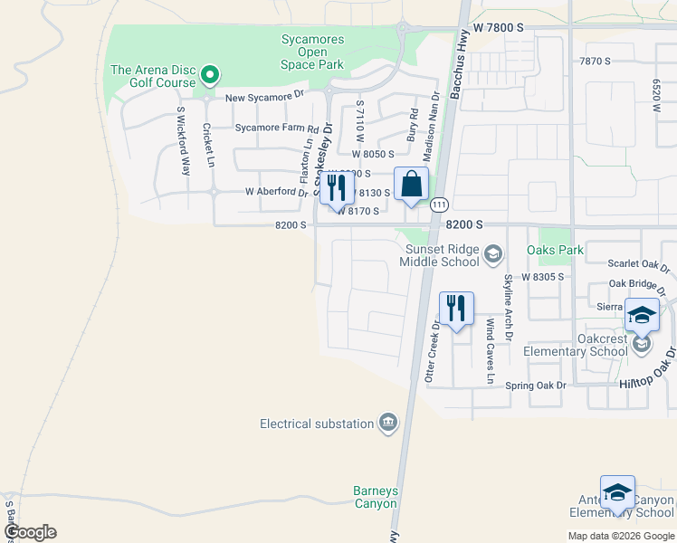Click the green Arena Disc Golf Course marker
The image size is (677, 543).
pos(210,74)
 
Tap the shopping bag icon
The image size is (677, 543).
pos(411,185)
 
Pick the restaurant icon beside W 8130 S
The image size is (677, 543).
pos(337,188)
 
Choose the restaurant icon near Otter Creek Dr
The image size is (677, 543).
pos(456,309)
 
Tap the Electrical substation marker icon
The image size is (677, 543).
pos(388,423)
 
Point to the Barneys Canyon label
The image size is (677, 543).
pos(375,497)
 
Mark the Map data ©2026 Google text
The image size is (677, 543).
pos(620,536)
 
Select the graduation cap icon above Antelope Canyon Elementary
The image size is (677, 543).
pos(617,492)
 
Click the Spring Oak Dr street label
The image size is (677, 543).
pos(535,386)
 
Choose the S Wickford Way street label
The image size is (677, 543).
pos(183,141)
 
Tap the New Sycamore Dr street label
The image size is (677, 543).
pos(263,96)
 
